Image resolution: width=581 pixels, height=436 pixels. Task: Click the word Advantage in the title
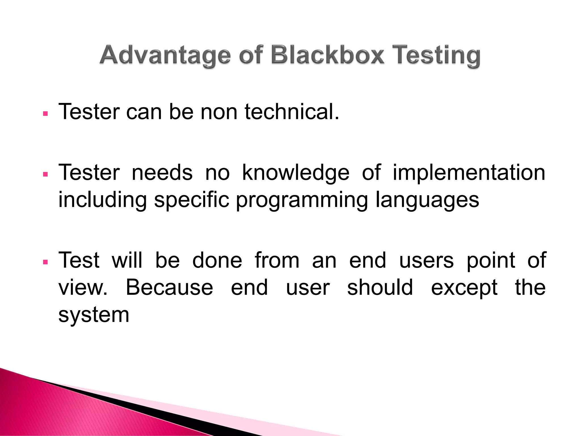(x=165, y=55)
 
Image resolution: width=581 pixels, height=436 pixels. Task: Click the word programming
(x=302, y=200)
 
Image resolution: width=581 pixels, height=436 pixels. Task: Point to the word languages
(x=427, y=200)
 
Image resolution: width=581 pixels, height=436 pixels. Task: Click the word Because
(x=169, y=287)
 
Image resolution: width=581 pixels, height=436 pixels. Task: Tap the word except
(x=464, y=288)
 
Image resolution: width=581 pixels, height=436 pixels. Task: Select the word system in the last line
(x=94, y=315)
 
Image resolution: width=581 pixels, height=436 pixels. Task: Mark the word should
(x=380, y=287)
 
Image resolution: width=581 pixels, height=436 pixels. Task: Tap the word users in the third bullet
(x=426, y=261)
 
